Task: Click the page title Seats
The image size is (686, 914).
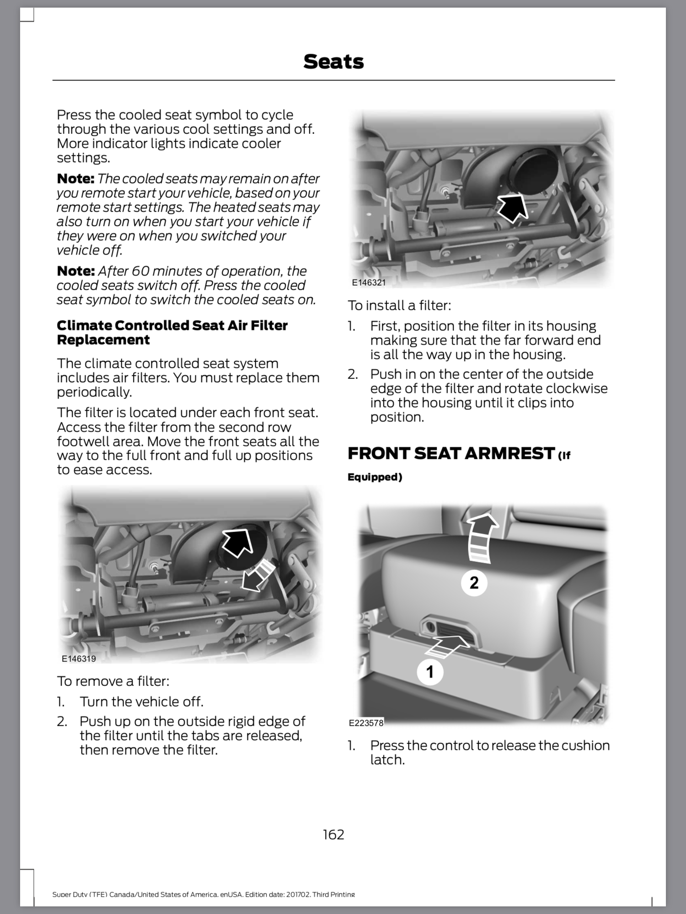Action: tap(333, 62)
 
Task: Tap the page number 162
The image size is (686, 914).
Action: tap(333, 834)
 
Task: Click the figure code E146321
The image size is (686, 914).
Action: tap(369, 282)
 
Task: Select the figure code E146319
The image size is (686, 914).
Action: tap(79, 659)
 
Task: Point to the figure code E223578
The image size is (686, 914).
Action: tap(366, 723)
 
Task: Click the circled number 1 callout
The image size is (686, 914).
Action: tap(430, 672)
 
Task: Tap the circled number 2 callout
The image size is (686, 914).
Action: tap(474, 583)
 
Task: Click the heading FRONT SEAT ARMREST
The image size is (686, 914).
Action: tap(451, 453)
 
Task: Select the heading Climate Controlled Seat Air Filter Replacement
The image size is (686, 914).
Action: tap(172, 332)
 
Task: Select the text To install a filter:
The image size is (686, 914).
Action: tap(399, 305)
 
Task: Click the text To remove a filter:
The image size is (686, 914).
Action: tap(113, 681)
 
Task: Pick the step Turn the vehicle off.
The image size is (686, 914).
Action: tap(141, 701)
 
